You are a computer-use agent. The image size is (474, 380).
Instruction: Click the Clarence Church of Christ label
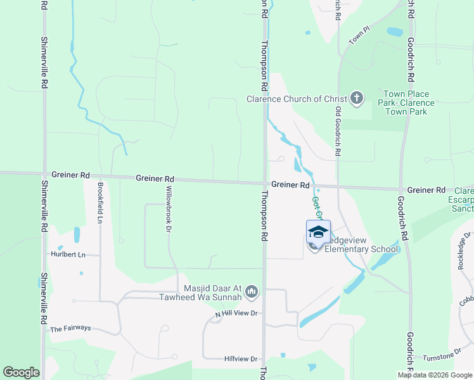tap(297, 99)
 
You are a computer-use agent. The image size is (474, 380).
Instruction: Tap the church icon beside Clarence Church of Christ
tap(357, 98)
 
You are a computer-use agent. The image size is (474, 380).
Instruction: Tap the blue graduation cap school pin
tap(318, 232)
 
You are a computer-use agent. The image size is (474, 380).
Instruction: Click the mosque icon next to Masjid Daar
tap(252, 292)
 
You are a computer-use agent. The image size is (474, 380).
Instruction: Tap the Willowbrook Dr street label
tap(169, 207)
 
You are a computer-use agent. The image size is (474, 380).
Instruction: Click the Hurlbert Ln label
tap(68, 254)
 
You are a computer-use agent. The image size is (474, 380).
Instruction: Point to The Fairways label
tap(70, 329)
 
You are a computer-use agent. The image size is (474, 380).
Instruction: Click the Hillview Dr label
tap(241, 358)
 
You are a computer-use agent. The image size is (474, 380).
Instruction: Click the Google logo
tap(21, 372)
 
